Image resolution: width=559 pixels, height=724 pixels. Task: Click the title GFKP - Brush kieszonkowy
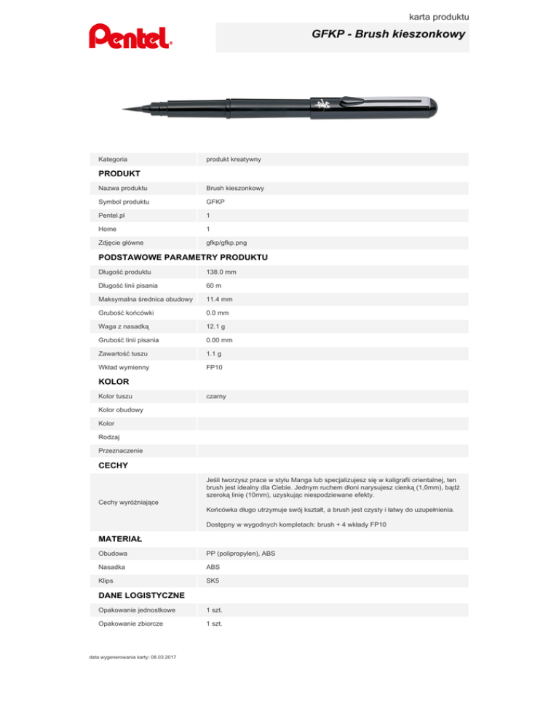pos(388,34)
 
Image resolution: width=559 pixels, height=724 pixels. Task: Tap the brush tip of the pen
pos(131,109)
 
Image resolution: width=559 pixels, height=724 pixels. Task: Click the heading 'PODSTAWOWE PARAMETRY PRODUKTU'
pos(183,257)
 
